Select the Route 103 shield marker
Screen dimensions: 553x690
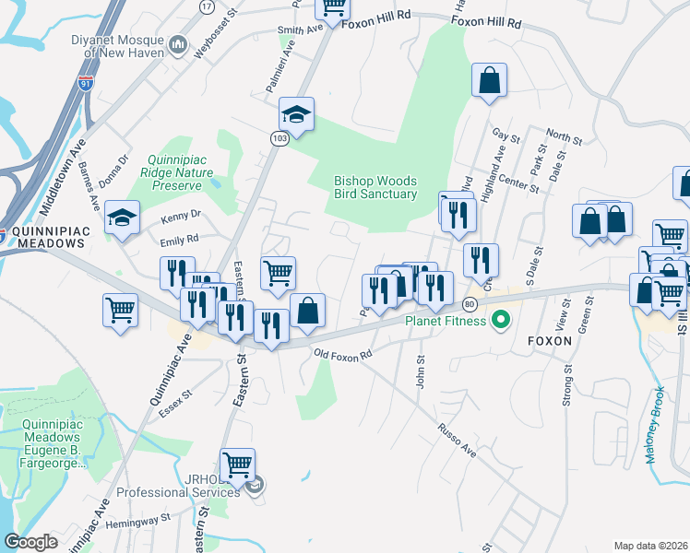point(278,137)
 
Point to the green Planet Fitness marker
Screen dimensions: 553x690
point(501,321)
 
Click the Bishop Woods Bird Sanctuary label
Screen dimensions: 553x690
point(375,188)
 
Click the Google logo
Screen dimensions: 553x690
point(31,541)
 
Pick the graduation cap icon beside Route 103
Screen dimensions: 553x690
point(297,115)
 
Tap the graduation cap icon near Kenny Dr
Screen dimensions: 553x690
point(122,218)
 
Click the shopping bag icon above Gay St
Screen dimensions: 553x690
point(490,80)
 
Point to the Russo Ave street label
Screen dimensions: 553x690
point(458,441)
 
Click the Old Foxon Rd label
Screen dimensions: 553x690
point(342,354)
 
